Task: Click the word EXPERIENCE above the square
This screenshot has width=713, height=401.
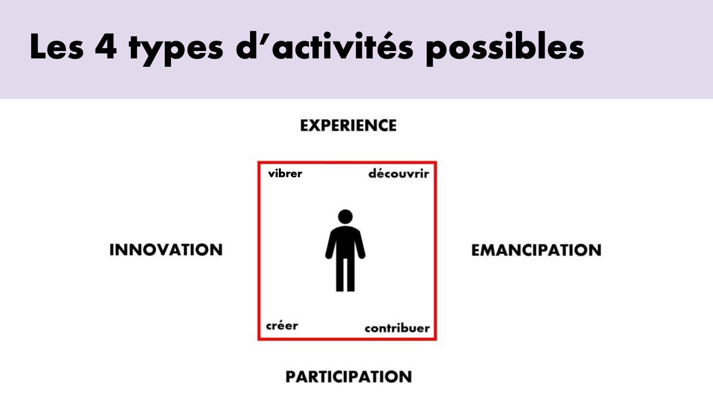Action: (349, 125)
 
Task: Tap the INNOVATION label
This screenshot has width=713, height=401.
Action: (166, 250)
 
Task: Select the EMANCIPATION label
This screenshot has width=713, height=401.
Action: (536, 250)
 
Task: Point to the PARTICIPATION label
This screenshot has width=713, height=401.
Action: (349, 376)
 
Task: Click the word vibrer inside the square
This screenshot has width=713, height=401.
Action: (285, 174)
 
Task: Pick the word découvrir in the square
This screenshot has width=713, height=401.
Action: (399, 174)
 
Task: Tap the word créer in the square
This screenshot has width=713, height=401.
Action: (282, 326)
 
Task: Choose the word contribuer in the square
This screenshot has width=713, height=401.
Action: (397, 328)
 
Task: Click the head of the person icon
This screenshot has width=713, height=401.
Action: (346, 217)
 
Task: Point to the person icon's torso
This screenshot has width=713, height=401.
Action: (346, 243)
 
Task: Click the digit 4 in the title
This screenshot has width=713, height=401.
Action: (106, 47)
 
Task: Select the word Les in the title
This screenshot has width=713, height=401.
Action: (56, 47)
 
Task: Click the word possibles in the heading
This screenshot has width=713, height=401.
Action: (505, 49)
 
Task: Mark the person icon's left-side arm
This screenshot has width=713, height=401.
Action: (330, 245)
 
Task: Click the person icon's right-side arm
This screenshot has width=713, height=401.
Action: (361, 245)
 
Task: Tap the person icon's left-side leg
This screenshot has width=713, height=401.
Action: (340, 274)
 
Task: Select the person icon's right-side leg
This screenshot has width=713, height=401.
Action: (351, 274)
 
